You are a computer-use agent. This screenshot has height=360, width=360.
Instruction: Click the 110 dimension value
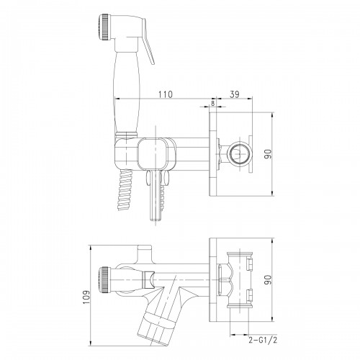tap(165, 94)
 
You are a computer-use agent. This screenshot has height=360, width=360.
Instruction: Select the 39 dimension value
tap(235, 94)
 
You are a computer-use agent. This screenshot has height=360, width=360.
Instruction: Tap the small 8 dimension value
tap(212, 103)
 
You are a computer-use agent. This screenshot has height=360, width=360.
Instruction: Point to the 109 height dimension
tap(86, 297)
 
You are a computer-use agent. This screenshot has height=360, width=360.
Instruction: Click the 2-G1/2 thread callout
tap(263, 340)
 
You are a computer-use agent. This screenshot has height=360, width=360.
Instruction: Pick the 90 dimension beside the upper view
tap(268, 154)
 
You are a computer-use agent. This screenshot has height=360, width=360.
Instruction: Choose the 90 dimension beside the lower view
tap(268, 279)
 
